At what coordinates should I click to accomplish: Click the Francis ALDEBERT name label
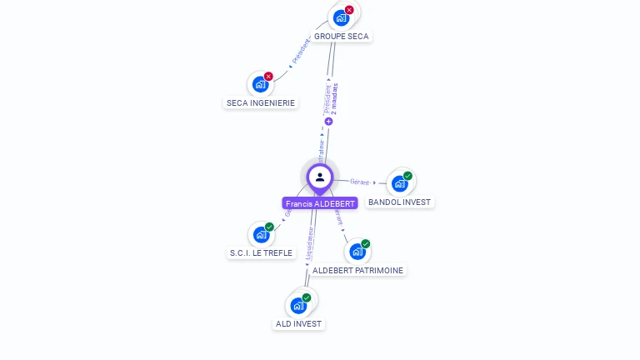click(320, 203)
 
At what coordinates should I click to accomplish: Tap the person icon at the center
click(320, 177)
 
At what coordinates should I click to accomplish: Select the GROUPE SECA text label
click(341, 37)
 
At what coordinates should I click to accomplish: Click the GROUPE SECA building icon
click(340, 17)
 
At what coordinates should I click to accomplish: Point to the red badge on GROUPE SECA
click(349, 10)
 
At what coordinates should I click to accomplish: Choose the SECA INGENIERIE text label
click(261, 103)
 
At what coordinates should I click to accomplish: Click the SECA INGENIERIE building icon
click(260, 84)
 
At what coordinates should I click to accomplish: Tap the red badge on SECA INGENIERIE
click(268, 77)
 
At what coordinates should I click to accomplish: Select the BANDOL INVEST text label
click(400, 202)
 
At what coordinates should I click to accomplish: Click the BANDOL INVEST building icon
click(399, 183)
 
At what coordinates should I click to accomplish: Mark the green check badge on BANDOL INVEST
click(407, 176)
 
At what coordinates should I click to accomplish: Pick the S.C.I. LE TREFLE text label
click(262, 252)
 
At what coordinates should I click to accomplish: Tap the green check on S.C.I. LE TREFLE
click(269, 227)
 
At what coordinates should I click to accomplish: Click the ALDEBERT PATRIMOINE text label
click(357, 270)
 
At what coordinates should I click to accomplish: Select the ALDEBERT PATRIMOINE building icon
click(357, 251)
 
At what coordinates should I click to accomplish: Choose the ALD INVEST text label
click(298, 323)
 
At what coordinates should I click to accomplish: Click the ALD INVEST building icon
click(297, 305)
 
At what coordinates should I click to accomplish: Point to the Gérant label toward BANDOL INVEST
click(360, 182)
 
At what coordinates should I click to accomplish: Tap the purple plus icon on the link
click(328, 122)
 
